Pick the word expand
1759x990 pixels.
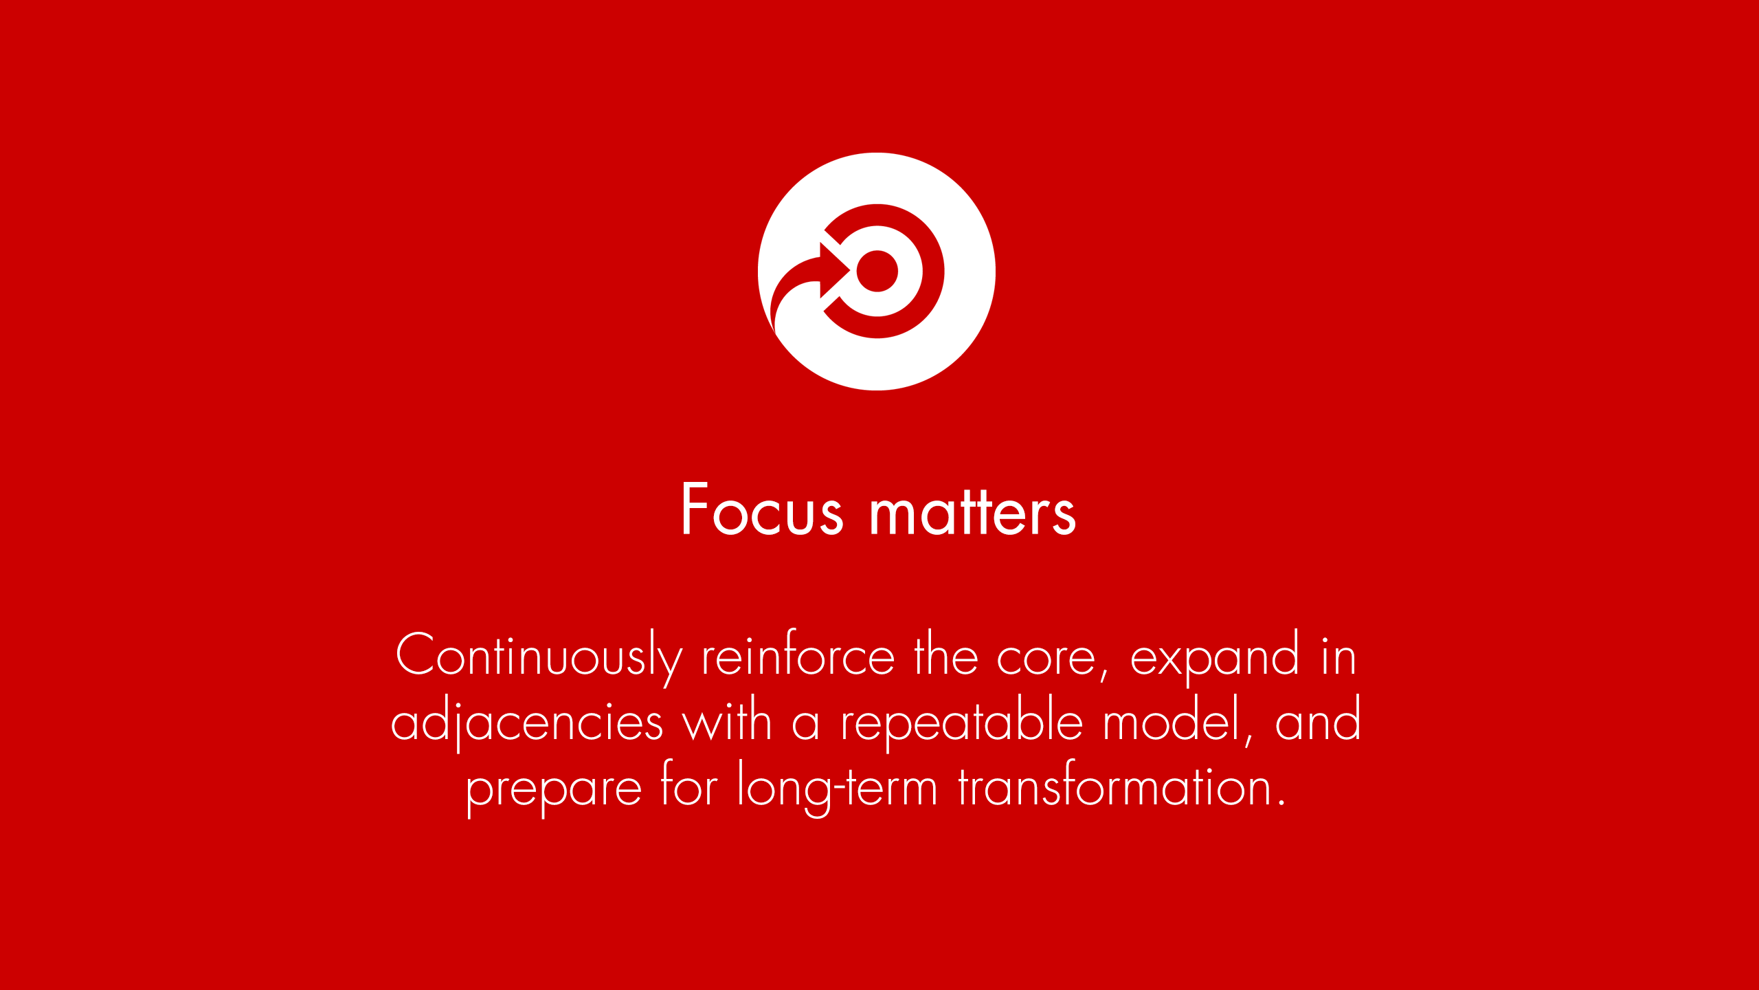(1215, 657)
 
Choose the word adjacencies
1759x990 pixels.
(527, 722)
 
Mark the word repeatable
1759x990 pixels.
(962, 722)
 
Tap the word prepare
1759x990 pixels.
(554, 788)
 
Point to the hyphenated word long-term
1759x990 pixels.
(838, 788)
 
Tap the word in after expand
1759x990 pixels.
(1338, 655)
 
